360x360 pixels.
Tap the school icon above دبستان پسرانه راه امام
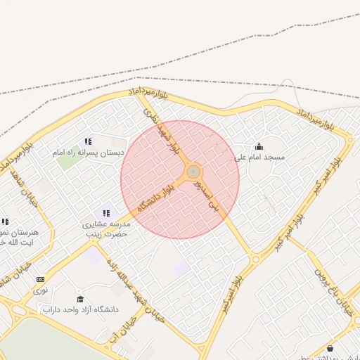pos(88,141)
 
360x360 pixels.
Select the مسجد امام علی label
pos(259,157)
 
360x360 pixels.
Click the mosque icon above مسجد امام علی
pos(259,147)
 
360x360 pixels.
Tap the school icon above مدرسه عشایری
pos(106,213)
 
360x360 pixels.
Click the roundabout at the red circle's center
pos(193,172)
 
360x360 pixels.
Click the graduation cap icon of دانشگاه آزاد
pos(79,299)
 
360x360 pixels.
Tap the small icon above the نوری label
pos(40,279)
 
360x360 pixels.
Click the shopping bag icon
pos(330,348)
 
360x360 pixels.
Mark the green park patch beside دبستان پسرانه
pos(68,161)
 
